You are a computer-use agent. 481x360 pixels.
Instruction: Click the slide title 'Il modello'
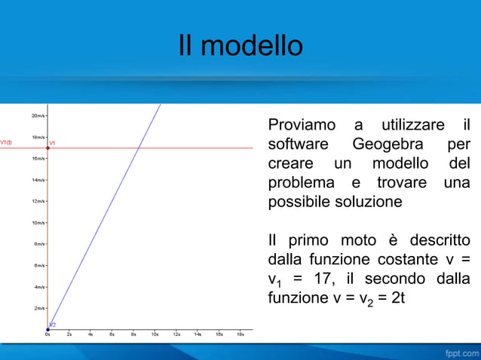click(240, 47)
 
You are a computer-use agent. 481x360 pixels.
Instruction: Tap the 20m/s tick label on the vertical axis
click(38, 116)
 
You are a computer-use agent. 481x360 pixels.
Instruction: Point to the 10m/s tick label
click(38, 223)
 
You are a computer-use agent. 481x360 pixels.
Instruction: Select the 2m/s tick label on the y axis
click(39, 308)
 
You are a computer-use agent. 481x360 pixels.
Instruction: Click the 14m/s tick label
click(38, 180)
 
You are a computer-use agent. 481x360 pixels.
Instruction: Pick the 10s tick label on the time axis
click(155, 334)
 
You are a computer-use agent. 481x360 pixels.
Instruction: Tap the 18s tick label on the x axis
click(240, 334)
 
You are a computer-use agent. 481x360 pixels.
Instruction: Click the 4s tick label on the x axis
click(90, 334)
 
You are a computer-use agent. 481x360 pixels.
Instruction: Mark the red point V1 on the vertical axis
click(47, 148)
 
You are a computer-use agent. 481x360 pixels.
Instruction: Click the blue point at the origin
click(47, 329)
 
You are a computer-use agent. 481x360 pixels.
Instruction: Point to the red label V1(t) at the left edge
click(6, 141)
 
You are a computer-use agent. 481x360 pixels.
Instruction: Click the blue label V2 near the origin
click(53, 324)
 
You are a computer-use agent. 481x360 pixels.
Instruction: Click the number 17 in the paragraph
click(323, 279)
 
